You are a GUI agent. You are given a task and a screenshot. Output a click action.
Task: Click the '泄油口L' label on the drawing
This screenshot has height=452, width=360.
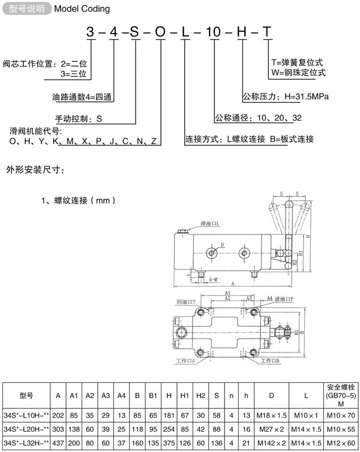tap(209, 224)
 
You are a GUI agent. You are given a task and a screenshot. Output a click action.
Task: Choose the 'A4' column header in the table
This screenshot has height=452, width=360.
tap(121, 396)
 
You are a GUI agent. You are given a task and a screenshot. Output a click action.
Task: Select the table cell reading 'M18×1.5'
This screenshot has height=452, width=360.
tap(271, 415)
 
